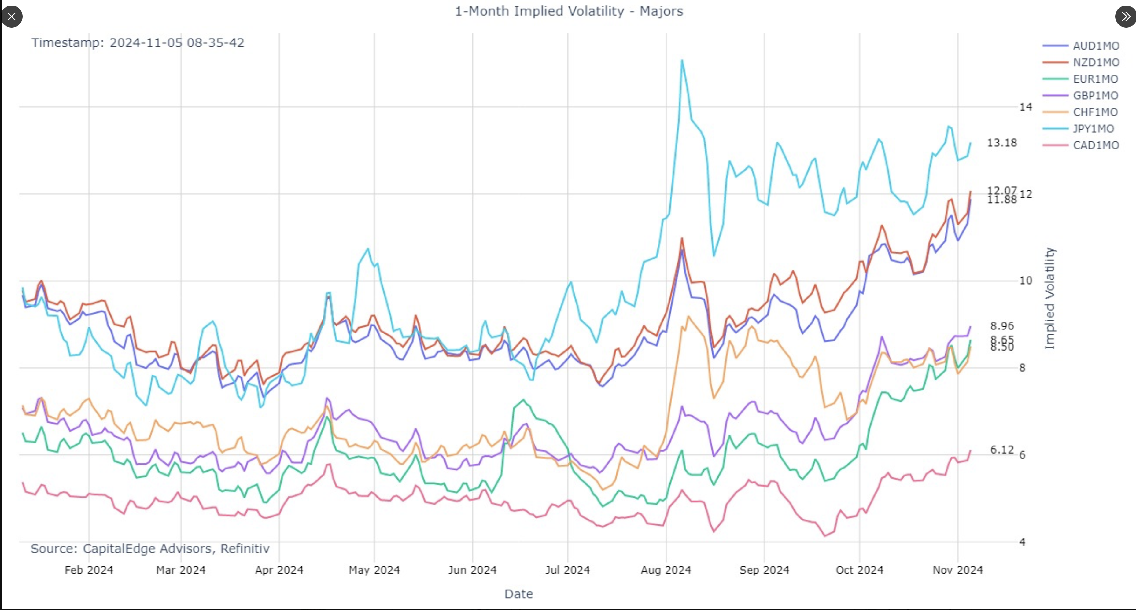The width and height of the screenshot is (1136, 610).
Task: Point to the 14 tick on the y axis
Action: [x=1025, y=107]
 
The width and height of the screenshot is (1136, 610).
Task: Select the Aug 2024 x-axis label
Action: [x=666, y=570]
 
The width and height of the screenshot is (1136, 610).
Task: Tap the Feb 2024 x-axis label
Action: [x=89, y=570]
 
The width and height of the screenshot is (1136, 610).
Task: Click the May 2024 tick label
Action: [x=374, y=570]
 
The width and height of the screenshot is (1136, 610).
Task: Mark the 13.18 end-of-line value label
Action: [x=1001, y=143]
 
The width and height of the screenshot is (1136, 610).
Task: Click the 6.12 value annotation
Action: [x=1002, y=450]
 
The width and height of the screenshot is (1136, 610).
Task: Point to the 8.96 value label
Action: [x=1002, y=326]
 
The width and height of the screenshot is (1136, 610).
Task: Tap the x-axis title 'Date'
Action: [x=518, y=594]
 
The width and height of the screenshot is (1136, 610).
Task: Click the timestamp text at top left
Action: [x=138, y=43]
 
